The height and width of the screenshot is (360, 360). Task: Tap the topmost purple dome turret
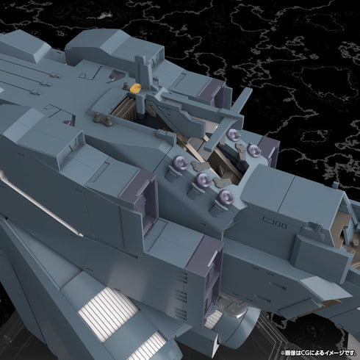[234, 134]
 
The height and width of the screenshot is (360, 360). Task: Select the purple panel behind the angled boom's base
[213, 92]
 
